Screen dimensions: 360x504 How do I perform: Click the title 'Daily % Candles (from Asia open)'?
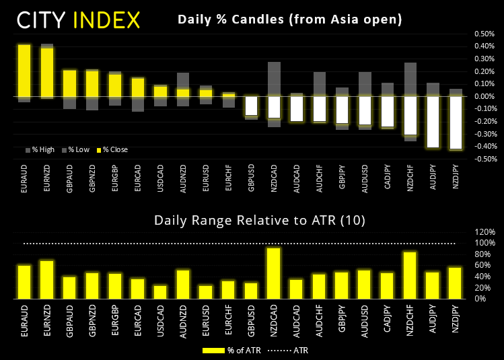[289, 20]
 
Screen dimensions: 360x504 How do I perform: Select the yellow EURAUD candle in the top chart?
[24, 71]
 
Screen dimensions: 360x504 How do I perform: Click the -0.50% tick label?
[484, 159]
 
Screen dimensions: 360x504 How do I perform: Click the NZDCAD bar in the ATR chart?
[274, 273]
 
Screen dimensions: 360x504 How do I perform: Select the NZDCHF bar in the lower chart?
[408, 275]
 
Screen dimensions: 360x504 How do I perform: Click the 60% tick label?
[487, 265]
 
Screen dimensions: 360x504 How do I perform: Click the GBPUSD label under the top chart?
[252, 184]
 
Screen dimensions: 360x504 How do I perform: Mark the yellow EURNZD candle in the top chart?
[47, 73]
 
